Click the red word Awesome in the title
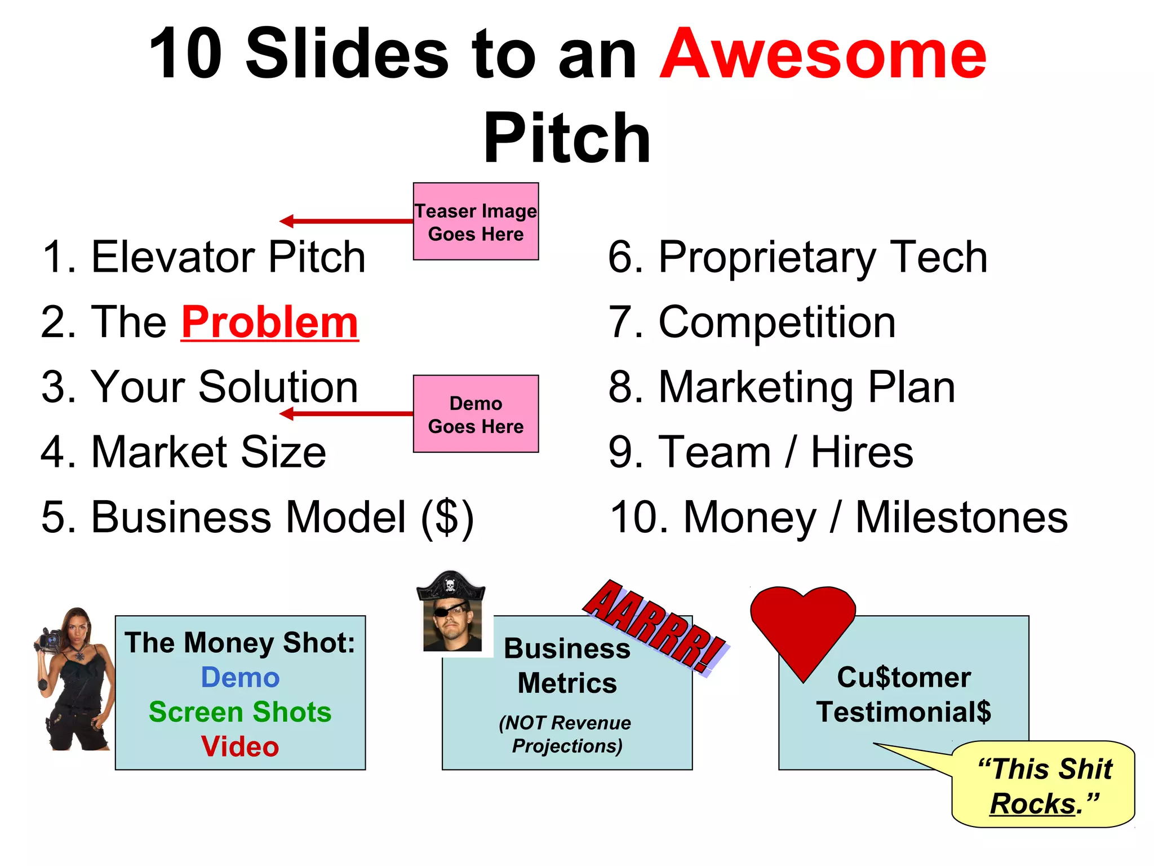(823, 55)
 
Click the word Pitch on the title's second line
(567, 139)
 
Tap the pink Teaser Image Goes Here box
(476, 222)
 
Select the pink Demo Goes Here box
(476, 414)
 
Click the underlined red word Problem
(269, 322)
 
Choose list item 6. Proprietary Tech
(797, 257)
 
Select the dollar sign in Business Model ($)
(447, 518)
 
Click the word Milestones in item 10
(961, 518)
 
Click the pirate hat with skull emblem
(450, 586)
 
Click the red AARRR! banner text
(654, 626)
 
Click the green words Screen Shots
(240, 712)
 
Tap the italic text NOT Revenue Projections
(566, 734)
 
